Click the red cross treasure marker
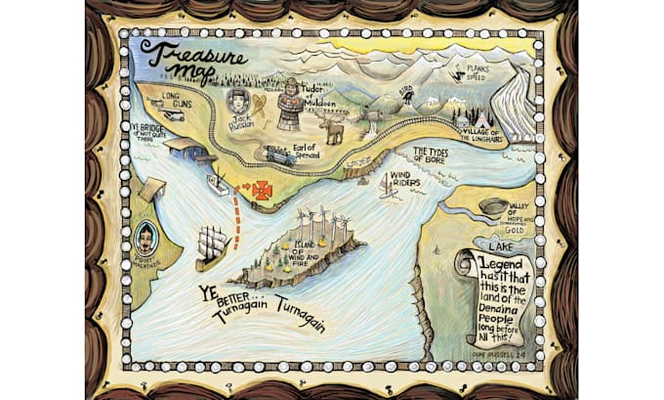click(262, 191)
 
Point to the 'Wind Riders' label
click(408, 180)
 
